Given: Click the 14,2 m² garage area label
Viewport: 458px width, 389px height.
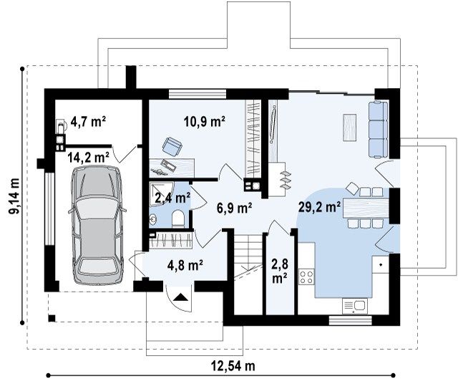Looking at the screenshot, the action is [89, 158].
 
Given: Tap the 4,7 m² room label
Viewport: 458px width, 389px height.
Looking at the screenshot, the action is [88, 122].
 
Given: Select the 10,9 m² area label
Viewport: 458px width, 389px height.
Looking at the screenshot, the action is [205, 121].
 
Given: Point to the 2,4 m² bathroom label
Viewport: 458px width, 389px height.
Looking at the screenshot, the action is [172, 198].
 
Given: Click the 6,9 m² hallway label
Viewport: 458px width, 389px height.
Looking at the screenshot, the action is [235, 208].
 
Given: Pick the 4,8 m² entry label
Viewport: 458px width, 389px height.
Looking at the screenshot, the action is [185, 265].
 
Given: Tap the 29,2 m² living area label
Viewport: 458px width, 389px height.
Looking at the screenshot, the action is [319, 207].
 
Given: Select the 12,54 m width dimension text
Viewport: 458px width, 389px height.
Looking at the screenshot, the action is [233, 365].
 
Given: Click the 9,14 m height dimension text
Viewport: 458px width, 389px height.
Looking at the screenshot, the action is [14, 196].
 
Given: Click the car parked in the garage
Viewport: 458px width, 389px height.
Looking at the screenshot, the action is [97, 225].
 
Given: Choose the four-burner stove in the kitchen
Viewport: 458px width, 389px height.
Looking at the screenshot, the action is [306, 277].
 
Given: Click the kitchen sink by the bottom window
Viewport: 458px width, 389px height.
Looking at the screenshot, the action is [355, 306].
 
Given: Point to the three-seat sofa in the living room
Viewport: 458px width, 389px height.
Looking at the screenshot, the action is [379, 129].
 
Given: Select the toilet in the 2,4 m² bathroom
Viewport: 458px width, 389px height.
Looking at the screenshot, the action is [178, 219].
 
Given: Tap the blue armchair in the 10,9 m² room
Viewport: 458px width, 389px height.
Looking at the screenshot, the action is [172, 145].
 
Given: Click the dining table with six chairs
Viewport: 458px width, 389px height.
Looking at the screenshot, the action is [366, 207].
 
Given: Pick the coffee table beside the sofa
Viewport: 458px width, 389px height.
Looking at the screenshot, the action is [350, 128].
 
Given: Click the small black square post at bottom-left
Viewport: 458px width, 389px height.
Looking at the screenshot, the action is [52, 318].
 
